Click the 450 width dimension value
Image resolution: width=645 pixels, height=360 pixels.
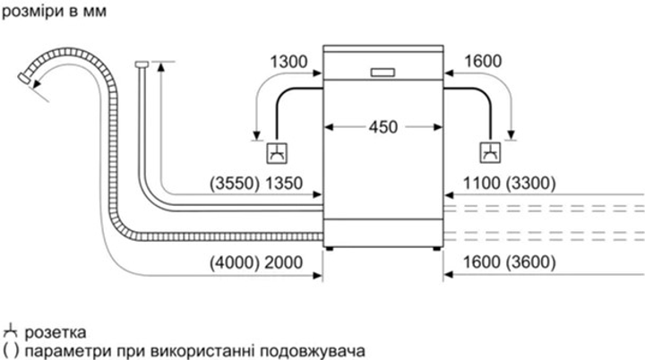click(383, 127)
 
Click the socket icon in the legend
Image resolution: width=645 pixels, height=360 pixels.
click(10, 332)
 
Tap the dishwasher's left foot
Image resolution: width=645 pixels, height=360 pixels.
click(330, 248)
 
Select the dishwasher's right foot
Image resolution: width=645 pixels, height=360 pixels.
click(436, 248)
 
